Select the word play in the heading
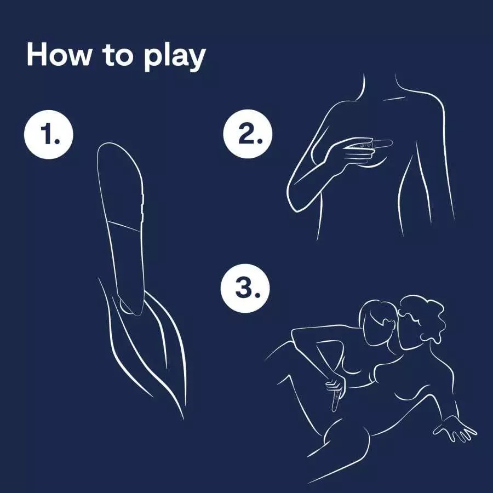pos(175,58)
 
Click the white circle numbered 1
pos(49,134)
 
